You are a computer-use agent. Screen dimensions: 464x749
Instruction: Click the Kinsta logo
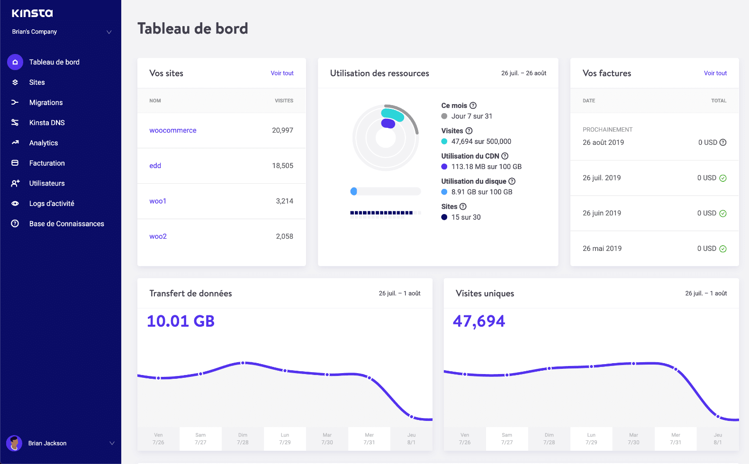32,13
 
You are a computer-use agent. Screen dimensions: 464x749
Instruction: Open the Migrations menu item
45,102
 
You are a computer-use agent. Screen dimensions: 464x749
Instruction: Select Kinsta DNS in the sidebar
46,123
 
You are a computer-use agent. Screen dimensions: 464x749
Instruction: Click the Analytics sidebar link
43,143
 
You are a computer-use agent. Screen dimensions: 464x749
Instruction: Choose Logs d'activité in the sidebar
51,204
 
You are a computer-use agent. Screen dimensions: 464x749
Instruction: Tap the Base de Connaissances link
66,224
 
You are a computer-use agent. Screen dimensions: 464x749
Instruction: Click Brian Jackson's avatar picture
14,443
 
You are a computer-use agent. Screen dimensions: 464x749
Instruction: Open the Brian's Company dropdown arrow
109,32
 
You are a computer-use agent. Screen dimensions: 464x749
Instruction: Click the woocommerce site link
172,130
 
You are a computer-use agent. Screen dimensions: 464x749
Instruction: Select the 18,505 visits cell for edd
282,166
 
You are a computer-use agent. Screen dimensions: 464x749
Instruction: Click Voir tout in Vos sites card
282,73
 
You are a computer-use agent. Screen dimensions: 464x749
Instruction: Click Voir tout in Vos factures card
715,73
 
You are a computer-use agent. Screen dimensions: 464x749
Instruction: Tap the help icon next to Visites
469,131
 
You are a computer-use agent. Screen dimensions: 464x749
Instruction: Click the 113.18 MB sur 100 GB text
486,167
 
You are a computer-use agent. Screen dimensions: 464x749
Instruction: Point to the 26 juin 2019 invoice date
602,213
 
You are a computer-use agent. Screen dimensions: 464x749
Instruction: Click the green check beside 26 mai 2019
723,249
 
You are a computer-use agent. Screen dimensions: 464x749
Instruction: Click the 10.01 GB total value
180,321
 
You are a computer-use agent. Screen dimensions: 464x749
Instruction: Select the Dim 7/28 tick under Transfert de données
243,438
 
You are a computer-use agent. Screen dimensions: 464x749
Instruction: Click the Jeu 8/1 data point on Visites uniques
718,417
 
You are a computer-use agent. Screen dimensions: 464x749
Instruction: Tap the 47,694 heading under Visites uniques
478,321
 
